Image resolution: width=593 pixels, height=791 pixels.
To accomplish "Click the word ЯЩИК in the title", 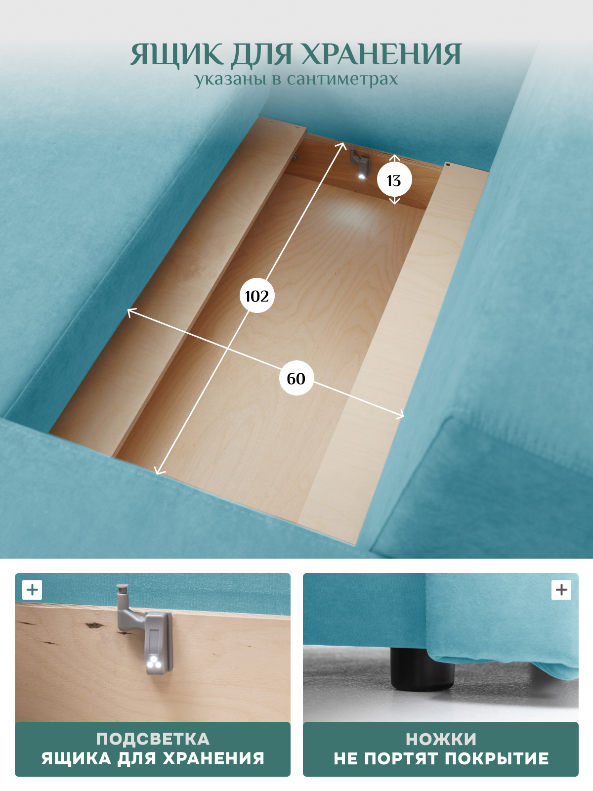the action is [x=177, y=55].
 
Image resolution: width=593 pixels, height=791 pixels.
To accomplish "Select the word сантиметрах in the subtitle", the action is [x=342, y=79].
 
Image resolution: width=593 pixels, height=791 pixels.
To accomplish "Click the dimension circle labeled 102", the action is [x=256, y=296].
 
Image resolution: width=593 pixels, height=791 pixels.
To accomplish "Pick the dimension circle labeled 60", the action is [x=296, y=378].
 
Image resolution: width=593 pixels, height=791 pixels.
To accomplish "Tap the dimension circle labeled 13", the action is [x=394, y=180].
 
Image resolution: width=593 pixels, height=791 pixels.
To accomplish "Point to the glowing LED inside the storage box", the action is [x=361, y=176].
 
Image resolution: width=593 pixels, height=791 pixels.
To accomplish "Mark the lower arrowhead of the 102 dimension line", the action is [x=158, y=471].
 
